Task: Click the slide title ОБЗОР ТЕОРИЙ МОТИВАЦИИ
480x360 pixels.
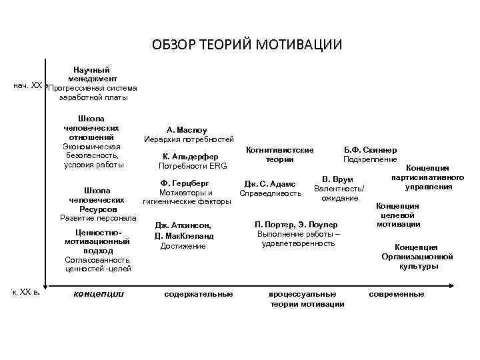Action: tap(247, 45)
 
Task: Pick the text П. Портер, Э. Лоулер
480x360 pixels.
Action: tap(297, 224)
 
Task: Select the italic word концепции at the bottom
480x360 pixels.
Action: tap(99, 293)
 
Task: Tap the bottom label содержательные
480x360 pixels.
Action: tap(198, 294)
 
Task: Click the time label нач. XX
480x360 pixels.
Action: tap(28, 87)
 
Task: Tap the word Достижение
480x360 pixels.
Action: tap(183, 246)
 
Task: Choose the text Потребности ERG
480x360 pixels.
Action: tap(186, 166)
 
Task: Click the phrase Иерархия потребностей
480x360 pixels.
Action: tap(189, 140)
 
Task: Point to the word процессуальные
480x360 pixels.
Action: tap(302, 294)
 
